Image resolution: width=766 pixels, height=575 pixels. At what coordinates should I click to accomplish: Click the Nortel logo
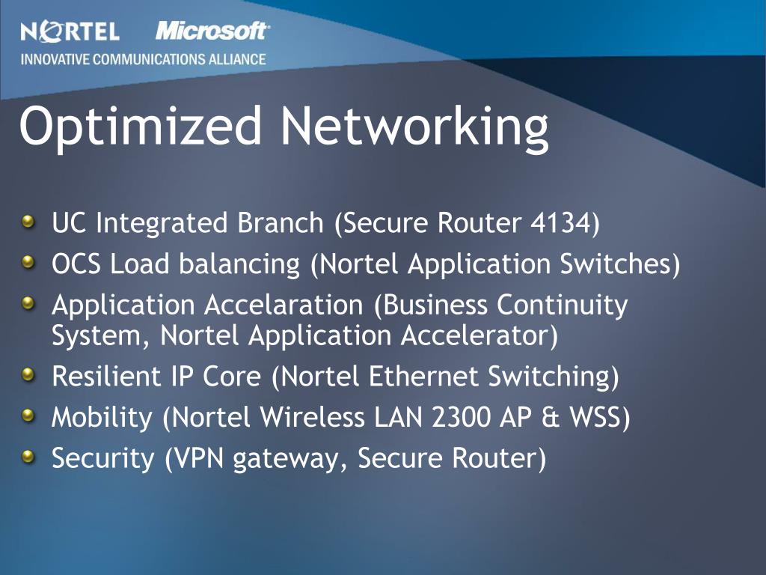point(70,31)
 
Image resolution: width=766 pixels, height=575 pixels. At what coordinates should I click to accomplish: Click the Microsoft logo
point(212,31)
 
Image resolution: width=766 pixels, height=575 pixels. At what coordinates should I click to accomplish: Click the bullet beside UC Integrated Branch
point(28,222)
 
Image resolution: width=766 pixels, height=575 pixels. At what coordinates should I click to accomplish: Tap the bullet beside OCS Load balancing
point(28,262)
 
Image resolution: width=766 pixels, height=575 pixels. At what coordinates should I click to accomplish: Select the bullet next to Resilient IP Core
point(28,374)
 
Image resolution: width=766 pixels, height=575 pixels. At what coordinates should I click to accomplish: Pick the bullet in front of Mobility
point(28,415)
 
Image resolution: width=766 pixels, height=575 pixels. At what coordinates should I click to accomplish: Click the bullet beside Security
point(28,455)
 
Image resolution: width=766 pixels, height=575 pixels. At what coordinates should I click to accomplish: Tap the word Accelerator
point(479,336)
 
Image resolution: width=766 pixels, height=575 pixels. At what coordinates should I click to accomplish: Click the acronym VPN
point(199,458)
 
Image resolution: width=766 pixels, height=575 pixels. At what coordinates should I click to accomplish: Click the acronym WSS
point(595,417)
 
